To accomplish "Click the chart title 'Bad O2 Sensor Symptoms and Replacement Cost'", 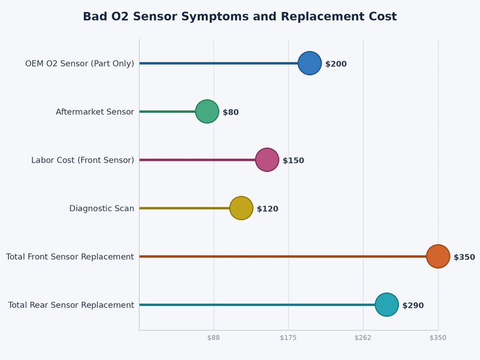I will pos(239,17).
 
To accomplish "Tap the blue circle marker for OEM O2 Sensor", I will pos(310,64).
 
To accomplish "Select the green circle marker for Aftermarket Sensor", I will pos(207,112).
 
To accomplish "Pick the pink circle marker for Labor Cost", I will pos(267,160).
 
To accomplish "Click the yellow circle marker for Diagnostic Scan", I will pos(241,208).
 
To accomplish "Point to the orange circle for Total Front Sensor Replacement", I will pos(438,257).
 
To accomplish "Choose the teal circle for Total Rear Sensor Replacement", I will pos(386,305).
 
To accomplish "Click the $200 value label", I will pos(336,64).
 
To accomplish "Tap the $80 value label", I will pos(231,112).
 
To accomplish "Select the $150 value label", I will pos(293,161).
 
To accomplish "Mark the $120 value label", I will pos(268,209).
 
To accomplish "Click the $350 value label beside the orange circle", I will pos(464,257).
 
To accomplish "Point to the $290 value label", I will pos(413,305).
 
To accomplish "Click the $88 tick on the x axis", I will pos(214,338).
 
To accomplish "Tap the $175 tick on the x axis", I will pos(289,338).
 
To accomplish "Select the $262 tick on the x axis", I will pos(363,338).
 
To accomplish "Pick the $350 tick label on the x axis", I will pos(438,338).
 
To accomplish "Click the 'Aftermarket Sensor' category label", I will pos(95,112).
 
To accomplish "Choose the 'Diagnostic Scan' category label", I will pos(101,209).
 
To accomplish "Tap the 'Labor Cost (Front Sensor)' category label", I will pos(83,160).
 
